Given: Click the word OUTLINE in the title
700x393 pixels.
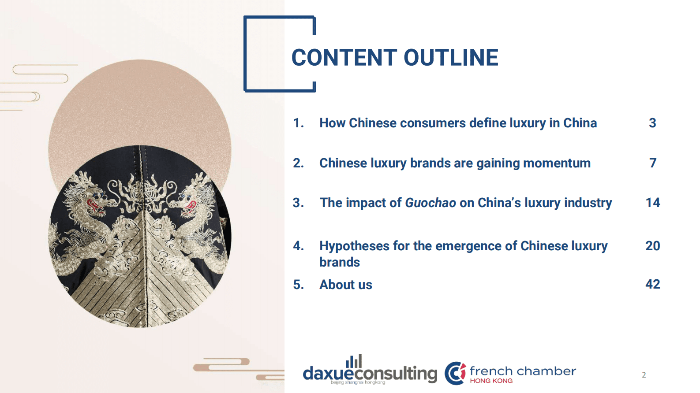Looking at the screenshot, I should tap(451, 58).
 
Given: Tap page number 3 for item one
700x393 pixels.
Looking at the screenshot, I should tap(652, 123).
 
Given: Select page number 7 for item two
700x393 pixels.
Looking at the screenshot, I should tap(653, 163).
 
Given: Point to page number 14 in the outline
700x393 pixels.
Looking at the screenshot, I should tap(653, 203).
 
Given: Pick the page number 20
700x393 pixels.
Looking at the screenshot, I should tap(653, 246).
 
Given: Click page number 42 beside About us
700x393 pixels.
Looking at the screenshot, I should tap(653, 284).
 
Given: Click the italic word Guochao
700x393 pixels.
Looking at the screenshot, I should tap(430, 203).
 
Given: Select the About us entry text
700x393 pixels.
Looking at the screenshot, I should tap(346, 285).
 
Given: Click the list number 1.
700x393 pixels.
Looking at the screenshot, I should tap(298, 123).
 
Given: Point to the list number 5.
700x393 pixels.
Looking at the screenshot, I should tap(298, 285).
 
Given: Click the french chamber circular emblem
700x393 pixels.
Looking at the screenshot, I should tap(455, 373).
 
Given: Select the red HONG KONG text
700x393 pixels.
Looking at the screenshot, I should tap(491, 381).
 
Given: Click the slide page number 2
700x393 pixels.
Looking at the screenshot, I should tap(644, 375).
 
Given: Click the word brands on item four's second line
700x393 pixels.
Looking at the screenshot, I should tap(340, 262).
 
